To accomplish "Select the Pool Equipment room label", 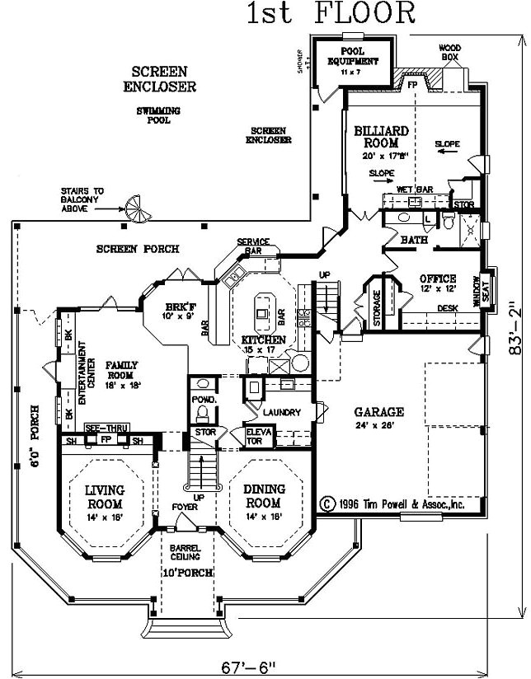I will [353, 57].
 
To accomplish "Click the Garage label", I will [378, 411].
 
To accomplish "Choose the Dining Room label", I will [264, 496].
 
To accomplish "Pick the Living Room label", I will [104, 497].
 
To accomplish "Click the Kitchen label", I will [263, 339].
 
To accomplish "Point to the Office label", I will [437, 279].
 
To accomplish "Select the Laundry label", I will [280, 412].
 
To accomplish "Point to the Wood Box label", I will [449, 52].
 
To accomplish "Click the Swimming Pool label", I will [159, 115].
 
